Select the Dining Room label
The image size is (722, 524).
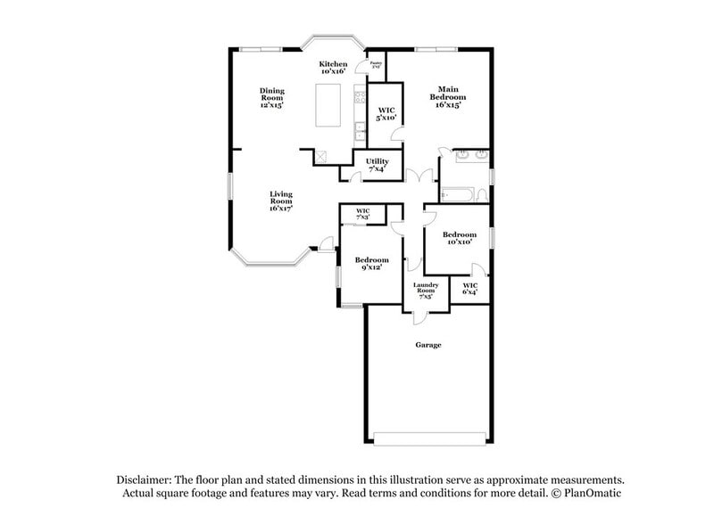pos(271,97)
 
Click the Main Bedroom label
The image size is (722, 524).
pos(448,96)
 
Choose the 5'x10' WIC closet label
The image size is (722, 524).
pos(386,113)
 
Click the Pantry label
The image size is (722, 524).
pos(376,65)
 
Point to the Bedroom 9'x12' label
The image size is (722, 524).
pos(373,263)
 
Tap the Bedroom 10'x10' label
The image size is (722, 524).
pos(457,238)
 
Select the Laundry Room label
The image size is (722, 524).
pos(424,291)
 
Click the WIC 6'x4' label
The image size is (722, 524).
pos(470,289)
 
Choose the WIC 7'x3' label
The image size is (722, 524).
pos(364,214)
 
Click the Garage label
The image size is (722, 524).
pos(427,344)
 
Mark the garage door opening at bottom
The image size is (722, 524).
pos(428,438)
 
